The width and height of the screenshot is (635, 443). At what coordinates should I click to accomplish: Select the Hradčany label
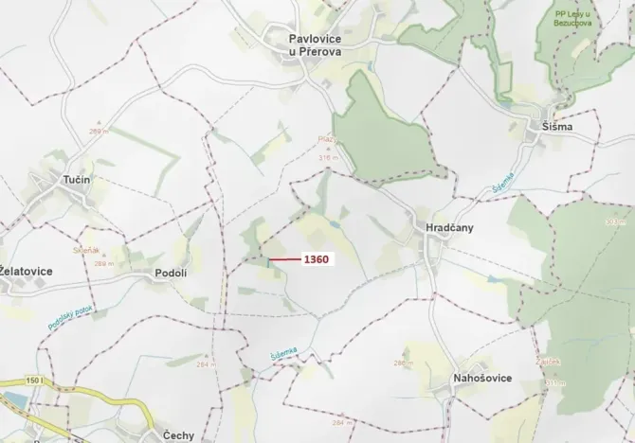[x=436, y=228]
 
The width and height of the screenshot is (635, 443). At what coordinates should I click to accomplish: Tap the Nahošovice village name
[x=482, y=378]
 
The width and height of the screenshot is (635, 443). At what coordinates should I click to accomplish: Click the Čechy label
[x=179, y=434]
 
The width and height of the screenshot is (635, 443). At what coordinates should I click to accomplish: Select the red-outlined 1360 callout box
[x=315, y=259]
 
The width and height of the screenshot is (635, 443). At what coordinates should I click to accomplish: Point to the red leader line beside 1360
[x=281, y=259]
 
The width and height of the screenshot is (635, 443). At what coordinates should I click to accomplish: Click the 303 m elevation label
[x=615, y=221]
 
